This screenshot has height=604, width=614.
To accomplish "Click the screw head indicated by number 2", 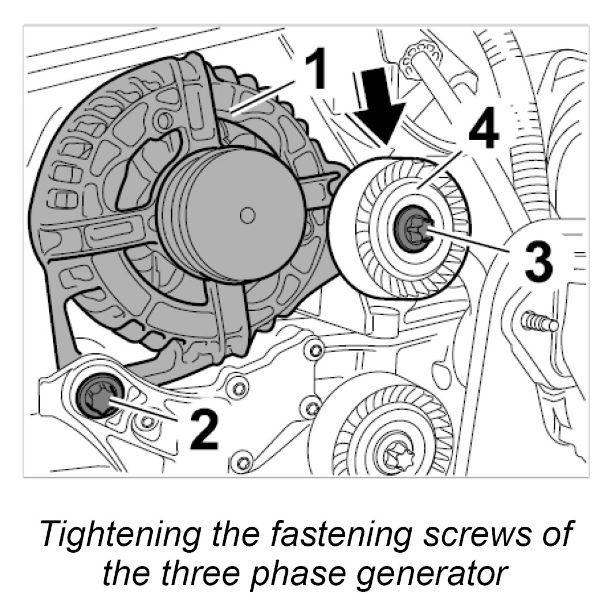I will tap(96, 398).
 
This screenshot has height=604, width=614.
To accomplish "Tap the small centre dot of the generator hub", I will tap(248, 215).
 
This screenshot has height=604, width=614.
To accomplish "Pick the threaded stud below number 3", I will tap(540, 322).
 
